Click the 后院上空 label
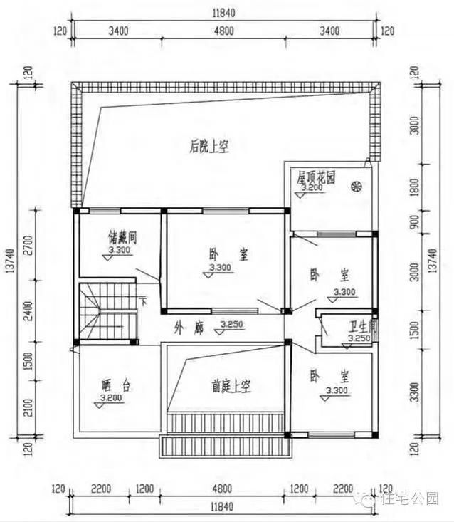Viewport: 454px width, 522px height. (208, 147)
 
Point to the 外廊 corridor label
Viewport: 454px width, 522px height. (186, 328)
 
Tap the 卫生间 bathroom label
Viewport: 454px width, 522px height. (362, 328)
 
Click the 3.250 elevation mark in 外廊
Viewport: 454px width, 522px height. (232, 325)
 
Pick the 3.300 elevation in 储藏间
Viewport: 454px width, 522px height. (118, 251)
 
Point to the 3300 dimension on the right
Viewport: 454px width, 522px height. (415, 391)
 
